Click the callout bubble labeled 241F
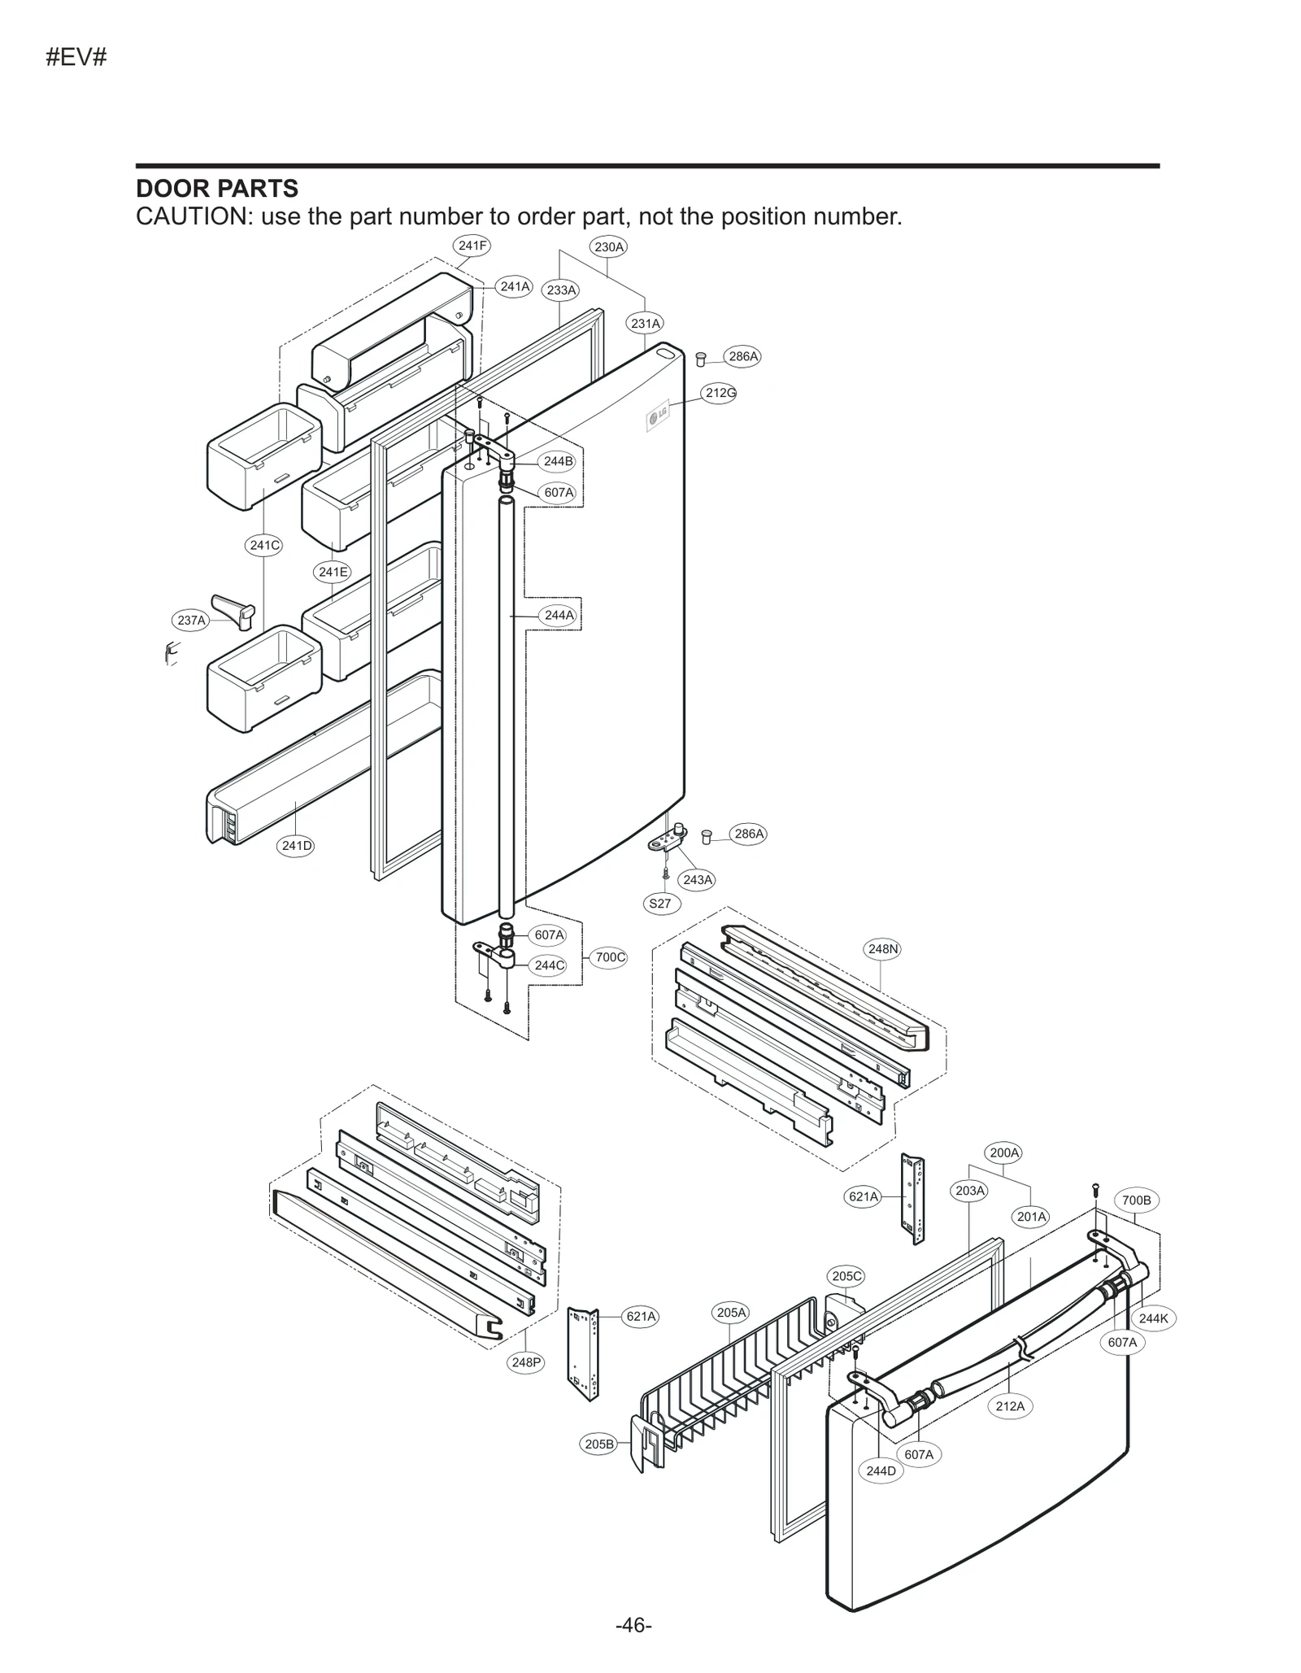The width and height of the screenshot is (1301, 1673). point(472,245)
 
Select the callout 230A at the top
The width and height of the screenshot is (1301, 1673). point(608,246)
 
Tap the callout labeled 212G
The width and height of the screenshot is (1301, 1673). point(720,393)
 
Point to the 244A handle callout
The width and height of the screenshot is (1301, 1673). point(559,615)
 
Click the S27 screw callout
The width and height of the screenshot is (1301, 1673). point(660,903)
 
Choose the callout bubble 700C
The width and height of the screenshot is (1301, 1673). point(610,957)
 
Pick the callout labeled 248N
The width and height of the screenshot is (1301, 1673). point(883,948)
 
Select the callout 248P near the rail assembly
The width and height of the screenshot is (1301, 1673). point(526,1361)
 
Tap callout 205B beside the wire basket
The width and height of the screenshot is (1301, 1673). point(599,1444)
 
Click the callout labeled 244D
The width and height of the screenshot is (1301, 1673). point(881,1470)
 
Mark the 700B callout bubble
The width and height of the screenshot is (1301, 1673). point(1136,1200)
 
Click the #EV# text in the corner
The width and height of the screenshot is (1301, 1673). point(76,58)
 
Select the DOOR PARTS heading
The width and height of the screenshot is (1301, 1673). point(217,189)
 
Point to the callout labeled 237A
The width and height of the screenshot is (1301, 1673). point(192,621)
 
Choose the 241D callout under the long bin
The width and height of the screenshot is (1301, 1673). point(297,845)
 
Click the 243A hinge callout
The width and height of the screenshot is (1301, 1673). point(698,879)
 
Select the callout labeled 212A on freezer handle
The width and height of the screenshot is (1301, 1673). point(1010,1405)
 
